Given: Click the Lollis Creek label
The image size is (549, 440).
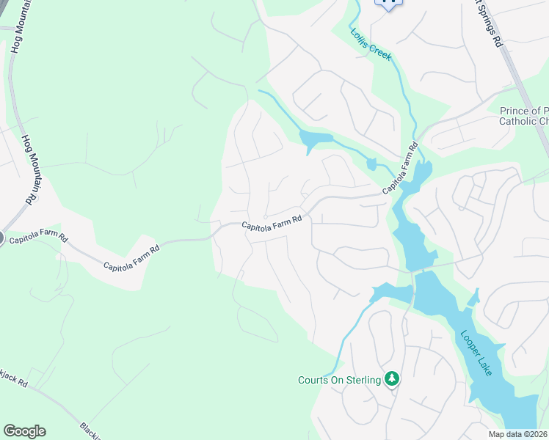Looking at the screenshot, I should click(371, 44).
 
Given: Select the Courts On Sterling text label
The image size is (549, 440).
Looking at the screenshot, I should click(339, 379).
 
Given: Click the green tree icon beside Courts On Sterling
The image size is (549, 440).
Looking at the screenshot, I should click(393, 378).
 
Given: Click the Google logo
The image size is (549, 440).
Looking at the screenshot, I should click(24, 431).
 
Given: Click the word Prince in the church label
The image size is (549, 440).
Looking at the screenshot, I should click(514, 111).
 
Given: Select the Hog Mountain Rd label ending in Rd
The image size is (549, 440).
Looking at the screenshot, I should click(29, 169).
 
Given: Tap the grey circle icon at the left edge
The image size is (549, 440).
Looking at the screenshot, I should click(1, 238).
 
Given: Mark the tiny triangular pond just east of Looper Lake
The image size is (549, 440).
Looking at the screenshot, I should click(473, 297).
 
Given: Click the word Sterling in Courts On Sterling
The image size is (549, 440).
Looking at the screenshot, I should click(363, 379).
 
